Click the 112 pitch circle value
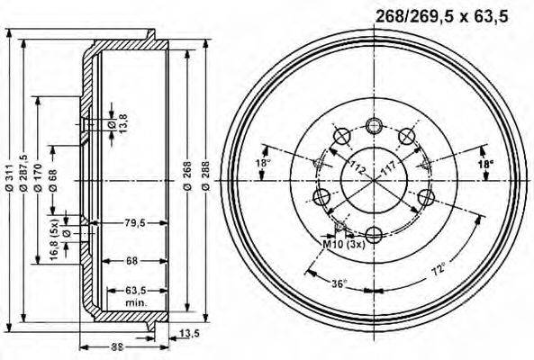358,166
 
